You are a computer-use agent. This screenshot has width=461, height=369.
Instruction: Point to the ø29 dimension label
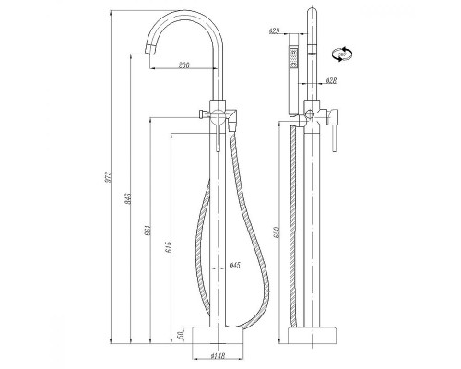(275, 32)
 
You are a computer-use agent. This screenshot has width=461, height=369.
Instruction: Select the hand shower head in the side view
(293, 57)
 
